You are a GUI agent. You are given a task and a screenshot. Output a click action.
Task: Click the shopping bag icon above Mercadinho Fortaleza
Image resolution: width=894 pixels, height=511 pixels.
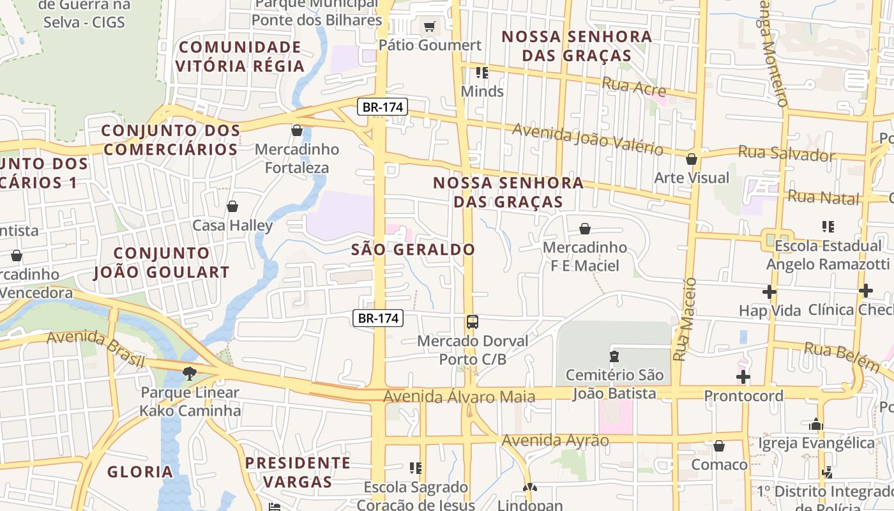(x=297, y=131)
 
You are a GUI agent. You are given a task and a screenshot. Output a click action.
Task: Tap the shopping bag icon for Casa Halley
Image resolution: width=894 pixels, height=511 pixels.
(x=232, y=206)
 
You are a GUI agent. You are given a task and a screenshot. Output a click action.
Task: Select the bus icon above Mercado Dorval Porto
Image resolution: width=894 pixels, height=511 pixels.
(x=473, y=322)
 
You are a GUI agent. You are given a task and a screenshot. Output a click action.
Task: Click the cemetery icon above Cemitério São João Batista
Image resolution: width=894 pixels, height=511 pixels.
(x=614, y=356)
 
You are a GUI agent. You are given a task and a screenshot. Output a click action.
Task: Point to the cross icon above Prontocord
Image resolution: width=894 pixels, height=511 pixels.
(x=743, y=377)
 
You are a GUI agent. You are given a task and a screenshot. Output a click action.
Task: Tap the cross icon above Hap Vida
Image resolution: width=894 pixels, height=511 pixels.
(x=769, y=292)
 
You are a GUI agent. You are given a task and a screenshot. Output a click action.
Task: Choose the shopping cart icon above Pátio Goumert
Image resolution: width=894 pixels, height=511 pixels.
(x=430, y=27)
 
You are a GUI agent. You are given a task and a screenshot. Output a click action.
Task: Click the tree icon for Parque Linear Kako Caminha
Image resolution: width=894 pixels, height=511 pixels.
(x=189, y=373)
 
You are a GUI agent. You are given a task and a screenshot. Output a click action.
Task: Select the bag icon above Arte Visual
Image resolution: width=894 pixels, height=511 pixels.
(x=692, y=159)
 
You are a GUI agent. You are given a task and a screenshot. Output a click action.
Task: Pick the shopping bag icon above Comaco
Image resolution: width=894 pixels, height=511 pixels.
(x=719, y=446)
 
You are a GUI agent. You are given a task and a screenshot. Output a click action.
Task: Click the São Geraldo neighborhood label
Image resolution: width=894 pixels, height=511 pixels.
(x=413, y=250)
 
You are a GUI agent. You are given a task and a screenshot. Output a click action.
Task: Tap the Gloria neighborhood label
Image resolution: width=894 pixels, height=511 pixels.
(x=140, y=472)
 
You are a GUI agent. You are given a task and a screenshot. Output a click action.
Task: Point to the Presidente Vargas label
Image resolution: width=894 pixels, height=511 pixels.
(x=298, y=471)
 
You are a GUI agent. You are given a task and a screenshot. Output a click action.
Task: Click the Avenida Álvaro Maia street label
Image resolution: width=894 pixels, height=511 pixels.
(x=458, y=397)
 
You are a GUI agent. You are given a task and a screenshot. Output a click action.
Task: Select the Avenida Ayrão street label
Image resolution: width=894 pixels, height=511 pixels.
(x=555, y=440)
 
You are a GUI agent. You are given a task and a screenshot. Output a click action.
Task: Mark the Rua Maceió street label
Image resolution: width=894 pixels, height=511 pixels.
(x=684, y=319)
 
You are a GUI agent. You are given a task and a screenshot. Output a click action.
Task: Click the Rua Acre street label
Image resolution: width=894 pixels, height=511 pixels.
(x=634, y=86)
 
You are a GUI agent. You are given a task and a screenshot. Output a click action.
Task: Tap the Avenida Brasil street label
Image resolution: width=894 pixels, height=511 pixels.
(x=96, y=347)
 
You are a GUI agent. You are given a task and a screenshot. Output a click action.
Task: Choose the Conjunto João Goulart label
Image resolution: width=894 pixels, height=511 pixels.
(x=161, y=263)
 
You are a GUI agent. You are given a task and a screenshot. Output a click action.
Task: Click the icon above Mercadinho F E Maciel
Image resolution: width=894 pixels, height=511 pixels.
(x=585, y=229)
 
